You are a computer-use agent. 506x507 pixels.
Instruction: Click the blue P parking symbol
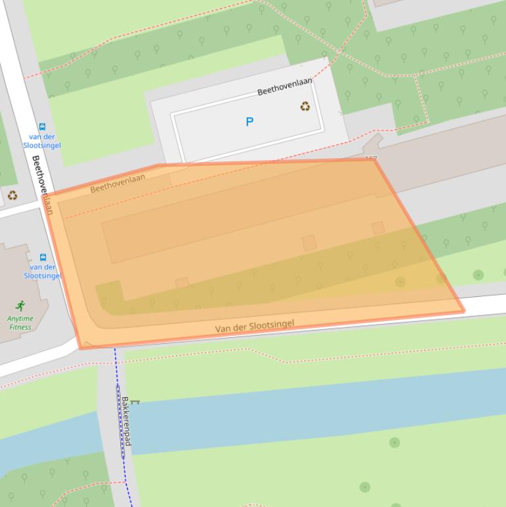coord(249,122)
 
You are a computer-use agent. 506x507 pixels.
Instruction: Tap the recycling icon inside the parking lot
coord(305,106)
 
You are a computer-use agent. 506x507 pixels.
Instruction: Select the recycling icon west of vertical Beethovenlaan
coord(13,196)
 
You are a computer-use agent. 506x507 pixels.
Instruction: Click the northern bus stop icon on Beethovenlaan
coord(42,127)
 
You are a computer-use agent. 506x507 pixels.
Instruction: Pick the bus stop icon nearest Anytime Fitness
coord(43,257)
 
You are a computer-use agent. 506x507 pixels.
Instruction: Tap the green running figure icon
coord(20,306)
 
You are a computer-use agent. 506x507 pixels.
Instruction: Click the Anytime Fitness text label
coord(20,323)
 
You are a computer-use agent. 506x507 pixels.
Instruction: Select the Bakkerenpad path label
coord(126,421)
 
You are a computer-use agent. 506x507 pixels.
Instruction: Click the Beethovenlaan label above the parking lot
coord(284,86)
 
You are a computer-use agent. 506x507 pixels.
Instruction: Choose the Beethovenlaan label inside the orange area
coord(118,183)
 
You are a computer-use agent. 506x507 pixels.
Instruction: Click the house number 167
coord(370,159)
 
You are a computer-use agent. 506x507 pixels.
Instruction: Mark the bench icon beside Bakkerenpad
coord(136,401)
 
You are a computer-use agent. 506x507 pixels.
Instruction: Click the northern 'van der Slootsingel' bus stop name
coord(42,141)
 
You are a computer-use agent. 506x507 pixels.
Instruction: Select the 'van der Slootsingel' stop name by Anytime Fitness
coord(43,271)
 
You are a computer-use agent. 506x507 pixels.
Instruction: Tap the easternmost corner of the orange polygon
coord(464,311)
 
